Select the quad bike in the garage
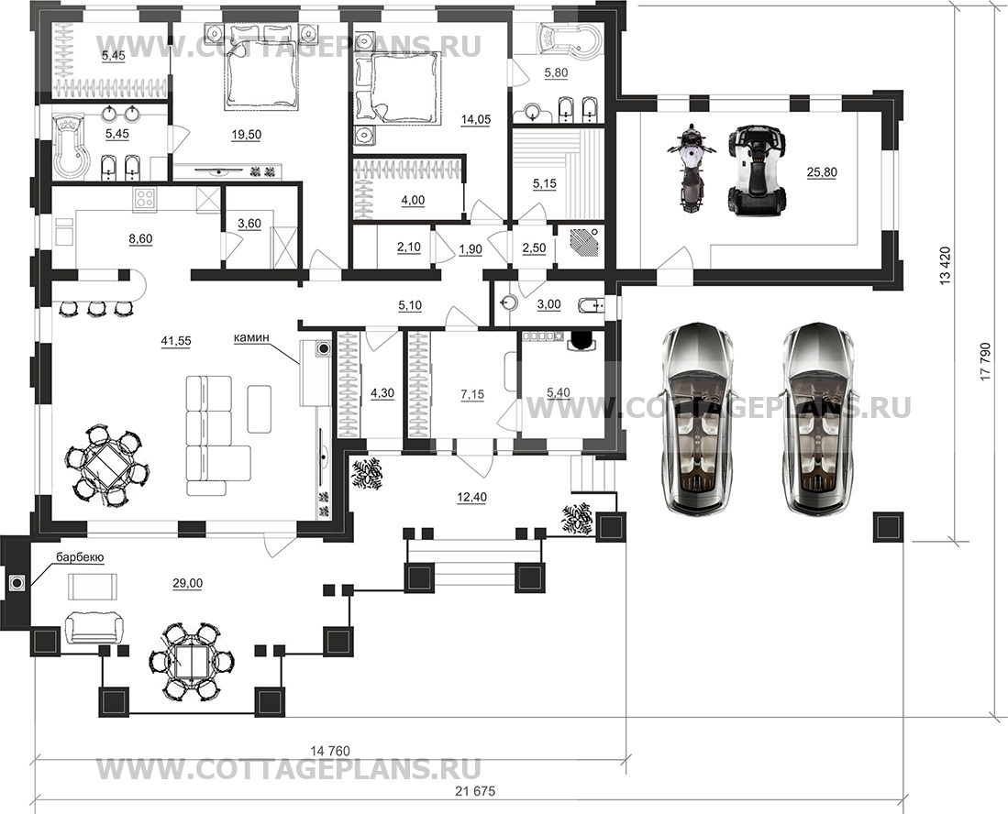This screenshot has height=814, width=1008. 756,170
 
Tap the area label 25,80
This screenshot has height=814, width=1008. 822,172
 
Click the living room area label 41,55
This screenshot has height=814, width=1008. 175,341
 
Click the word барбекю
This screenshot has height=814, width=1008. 80,557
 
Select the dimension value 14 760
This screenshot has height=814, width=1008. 330,751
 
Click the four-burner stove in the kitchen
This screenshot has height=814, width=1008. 145,198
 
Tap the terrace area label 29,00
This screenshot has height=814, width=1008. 188,583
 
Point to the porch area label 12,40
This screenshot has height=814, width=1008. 471,497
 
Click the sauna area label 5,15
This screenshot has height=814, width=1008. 545,183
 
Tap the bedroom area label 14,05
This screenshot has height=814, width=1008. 476,119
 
